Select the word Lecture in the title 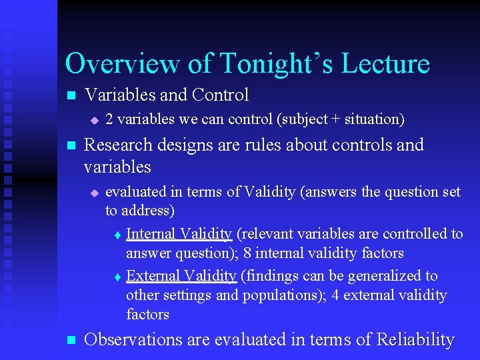(x=385, y=64)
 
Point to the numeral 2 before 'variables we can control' (x=109, y=119)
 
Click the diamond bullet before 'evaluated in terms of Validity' (x=94, y=193)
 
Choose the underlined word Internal (x=149, y=233)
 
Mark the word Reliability (x=415, y=339)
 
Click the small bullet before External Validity (x=117, y=277)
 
